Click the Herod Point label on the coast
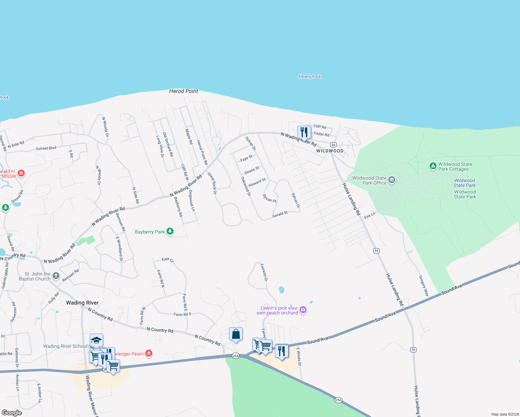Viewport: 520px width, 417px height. pyautogui.click(x=184, y=91)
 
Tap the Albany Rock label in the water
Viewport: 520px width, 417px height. pyautogui.click(x=309, y=76)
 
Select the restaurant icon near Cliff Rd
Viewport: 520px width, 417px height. pyautogui.click(x=304, y=132)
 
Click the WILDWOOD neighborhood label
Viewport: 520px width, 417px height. pyautogui.click(x=330, y=151)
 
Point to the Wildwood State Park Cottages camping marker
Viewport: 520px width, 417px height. pyautogui.click(x=433, y=166)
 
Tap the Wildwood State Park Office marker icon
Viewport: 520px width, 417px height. pyautogui.click(x=392, y=180)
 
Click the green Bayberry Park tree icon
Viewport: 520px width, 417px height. pyautogui.click(x=170, y=231)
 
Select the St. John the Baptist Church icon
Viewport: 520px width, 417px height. pyautogui.click(x=56, y=276)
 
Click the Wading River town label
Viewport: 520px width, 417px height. pyautogui.click(x=82, y=303)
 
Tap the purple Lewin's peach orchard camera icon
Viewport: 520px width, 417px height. pyautogui.click(x=303, y=310)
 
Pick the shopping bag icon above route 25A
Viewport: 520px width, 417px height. pyautogui.click(x=236, y=334)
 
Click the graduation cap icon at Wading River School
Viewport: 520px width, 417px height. pyautogui.click(x=96, y=340)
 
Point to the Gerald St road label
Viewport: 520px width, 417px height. pyautogui.click(x=280, y=214)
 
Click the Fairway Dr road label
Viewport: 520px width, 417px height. pyautogui.click(x=264, y=272)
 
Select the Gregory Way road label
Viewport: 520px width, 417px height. pyautogui.click(x=424, y=286)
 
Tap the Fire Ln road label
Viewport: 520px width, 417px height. pyautogui.click(x=369, y=215)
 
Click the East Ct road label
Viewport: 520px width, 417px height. pyautogui.click(x=168, y=259)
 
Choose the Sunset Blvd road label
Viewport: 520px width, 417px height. pyautogui.click(x=46, y=148)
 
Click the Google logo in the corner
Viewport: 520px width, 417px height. pyautogui.click(x=12, y=412)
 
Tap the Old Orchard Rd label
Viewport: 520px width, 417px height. pyautogui.click(x=168, y=144)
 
